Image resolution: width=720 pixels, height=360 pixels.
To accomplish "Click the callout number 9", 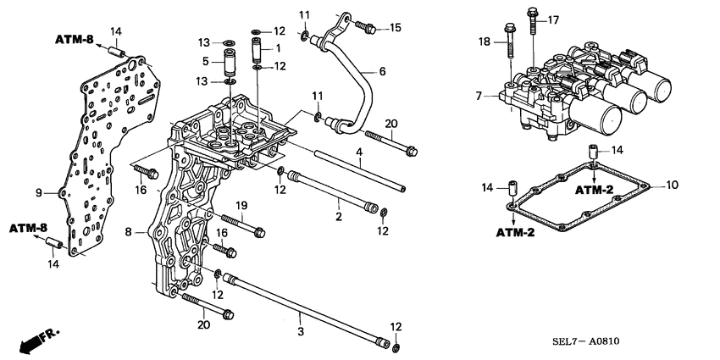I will tap(38, 193).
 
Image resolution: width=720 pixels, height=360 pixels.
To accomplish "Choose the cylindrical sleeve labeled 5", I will tap(229, 62).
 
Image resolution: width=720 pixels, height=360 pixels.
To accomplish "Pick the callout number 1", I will tap(275, 48).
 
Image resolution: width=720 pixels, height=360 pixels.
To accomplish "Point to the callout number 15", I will tap(396, 28).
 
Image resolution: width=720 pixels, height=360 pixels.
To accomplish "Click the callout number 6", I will tap(382, 72).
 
